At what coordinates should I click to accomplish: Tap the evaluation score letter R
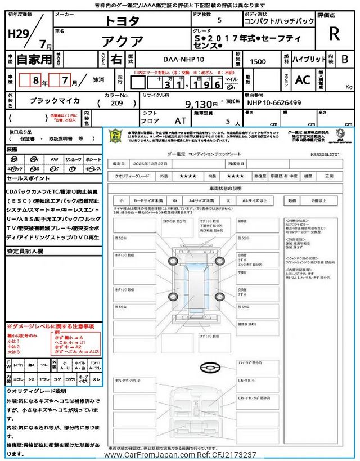334,34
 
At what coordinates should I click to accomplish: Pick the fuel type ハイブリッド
307,58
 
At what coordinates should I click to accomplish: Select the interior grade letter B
345,59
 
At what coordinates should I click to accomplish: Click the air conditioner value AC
303,80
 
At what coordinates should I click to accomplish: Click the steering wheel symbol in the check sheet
208,367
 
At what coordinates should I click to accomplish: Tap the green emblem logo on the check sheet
115,136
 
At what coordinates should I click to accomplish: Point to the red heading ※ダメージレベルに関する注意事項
50,326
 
